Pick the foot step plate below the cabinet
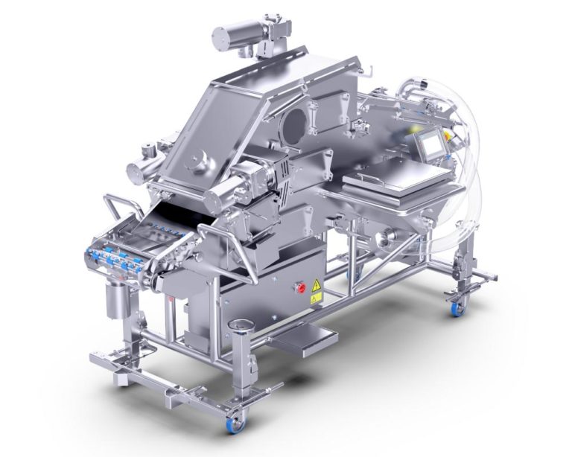click(305, 340)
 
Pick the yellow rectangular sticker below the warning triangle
click(315, 298)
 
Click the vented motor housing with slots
click(279, 176)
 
